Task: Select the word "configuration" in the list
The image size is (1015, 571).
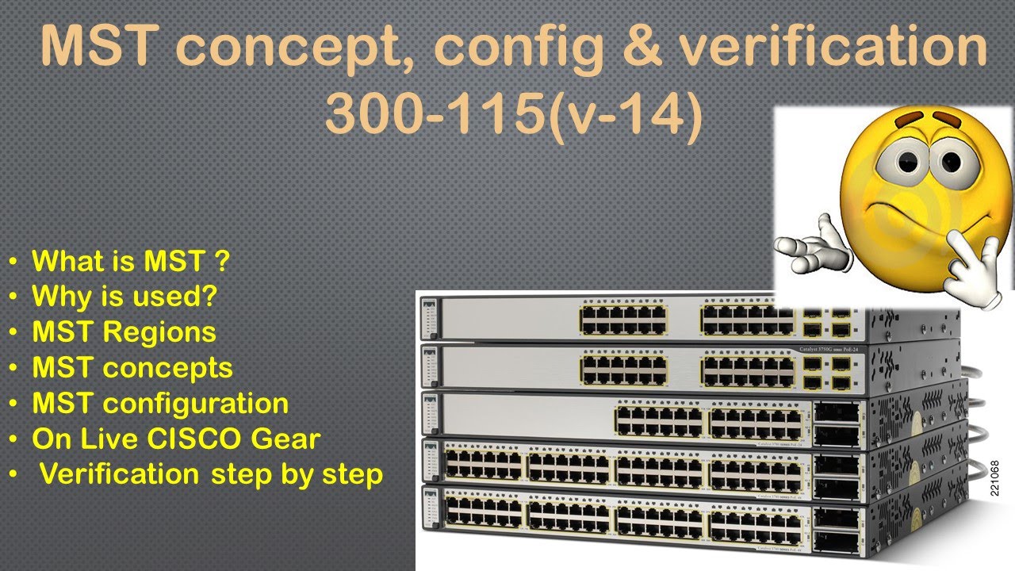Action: [196, 403]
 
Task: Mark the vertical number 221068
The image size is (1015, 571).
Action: [996, 479]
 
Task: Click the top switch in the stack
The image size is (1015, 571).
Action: [682, 319]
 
